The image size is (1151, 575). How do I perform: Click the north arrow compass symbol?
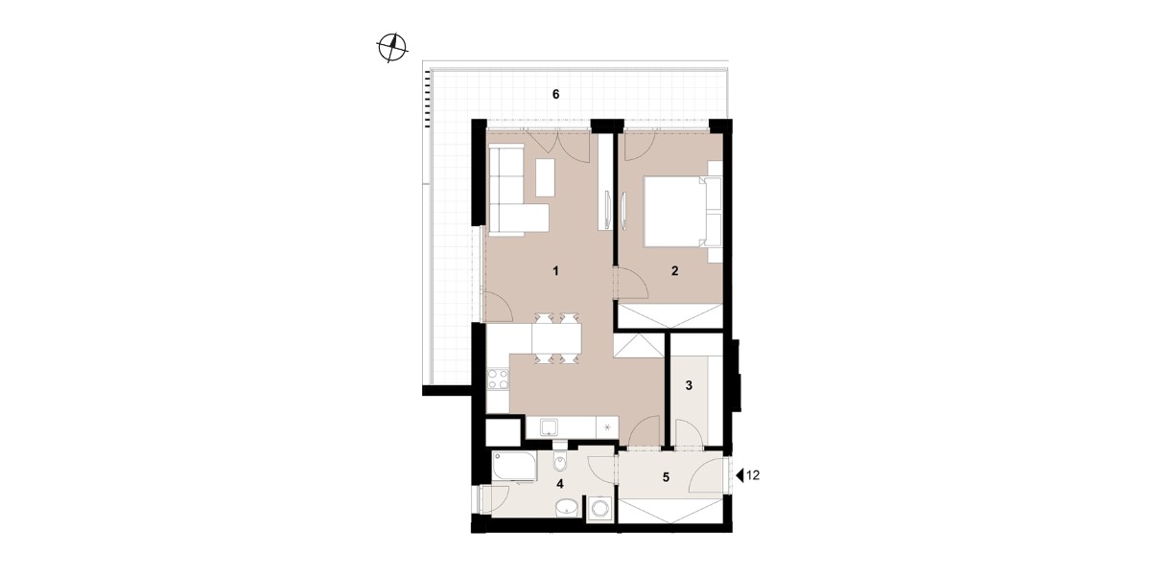point(392,48)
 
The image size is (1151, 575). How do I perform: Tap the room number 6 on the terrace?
point(555,95)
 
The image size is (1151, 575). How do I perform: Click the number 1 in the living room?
point(555,270)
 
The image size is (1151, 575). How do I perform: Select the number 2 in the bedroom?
point(674,270)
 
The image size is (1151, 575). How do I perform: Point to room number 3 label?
point(689,385)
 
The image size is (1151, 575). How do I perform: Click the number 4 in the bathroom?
point(560,484)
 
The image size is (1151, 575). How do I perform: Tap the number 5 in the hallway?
point(666,477)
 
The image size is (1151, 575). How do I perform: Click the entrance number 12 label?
point(752,475)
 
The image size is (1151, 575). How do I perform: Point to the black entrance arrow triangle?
point(740,476)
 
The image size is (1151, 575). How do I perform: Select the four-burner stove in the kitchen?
point(138,379)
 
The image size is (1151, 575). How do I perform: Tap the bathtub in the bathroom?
point(154,467)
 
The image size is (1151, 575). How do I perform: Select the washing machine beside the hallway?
point(599,509)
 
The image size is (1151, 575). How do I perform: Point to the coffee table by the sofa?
point(545,177)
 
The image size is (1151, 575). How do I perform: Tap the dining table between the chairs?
point(557,339)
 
